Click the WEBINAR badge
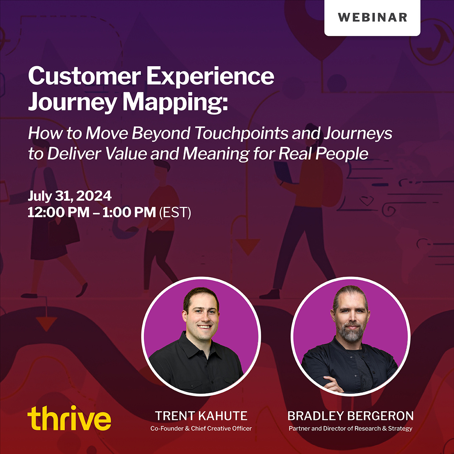point(372,17)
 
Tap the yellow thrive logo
point(69,418)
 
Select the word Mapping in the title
point(176,103)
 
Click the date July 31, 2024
point(70,196)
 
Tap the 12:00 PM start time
point(58,212)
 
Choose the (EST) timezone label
point(175,213)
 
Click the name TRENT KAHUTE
point(201,416)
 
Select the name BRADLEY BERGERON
point(350,416)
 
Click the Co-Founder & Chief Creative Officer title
point(201,429)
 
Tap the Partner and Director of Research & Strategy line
point(350,429)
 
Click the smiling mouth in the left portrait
point(205,326)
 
